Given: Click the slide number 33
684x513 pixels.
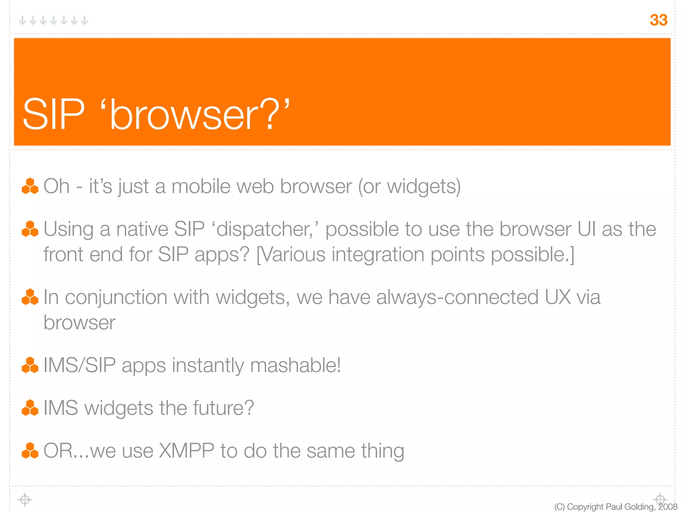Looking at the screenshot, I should point(658,20).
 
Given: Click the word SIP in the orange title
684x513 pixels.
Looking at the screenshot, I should point(53,114).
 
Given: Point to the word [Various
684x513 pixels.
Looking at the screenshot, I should point(291,255).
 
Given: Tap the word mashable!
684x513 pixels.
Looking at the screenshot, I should point(295,365).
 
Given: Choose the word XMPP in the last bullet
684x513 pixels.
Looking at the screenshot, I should point(186,451).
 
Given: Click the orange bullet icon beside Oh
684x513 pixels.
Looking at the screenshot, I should point(30,186).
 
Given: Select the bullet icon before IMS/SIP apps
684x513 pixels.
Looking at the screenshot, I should point(30,365).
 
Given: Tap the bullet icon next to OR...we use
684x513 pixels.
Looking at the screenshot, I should point(30,451).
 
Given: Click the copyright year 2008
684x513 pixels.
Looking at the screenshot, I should point(668,507).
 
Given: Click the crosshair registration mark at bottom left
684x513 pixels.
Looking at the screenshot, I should point(25,500).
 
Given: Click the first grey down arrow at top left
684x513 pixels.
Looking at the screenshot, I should point(22,20).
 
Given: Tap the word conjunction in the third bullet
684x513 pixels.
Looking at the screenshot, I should point(116,297).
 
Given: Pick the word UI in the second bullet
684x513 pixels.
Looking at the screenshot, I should point(586,229).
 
